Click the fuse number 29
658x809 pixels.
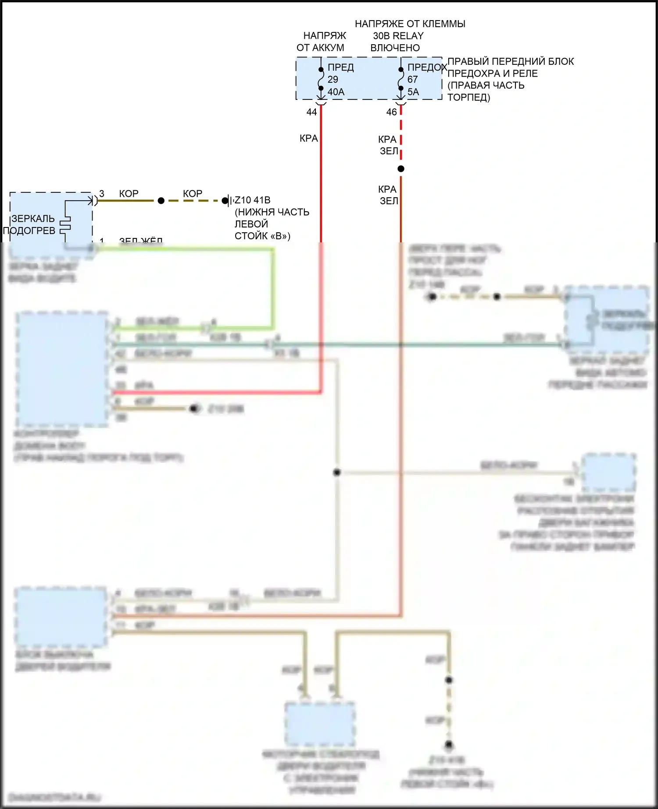point(333,80)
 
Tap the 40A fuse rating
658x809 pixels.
point(336,92)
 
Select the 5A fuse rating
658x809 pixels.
point(413,92)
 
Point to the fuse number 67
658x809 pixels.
point(413,80)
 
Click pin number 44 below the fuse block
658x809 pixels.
point(311,112)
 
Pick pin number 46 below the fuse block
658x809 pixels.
point(392,112)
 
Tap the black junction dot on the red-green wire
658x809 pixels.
point(401,169)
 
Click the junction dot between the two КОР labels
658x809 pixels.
point(161,201)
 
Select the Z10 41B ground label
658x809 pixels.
point(253,200)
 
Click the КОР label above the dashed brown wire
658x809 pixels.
point(193,194)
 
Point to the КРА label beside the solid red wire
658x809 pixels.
point(308,138)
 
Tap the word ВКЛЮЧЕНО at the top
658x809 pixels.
point(395,48)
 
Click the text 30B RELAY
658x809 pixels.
point(398,36)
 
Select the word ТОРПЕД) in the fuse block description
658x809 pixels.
point(468,97)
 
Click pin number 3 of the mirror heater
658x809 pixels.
point(102,194)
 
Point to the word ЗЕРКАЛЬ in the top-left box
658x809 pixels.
point(33,219)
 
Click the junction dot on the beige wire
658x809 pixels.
point(337,472)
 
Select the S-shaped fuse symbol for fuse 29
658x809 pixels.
point(321,79)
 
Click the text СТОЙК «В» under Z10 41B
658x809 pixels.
point(262,236)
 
